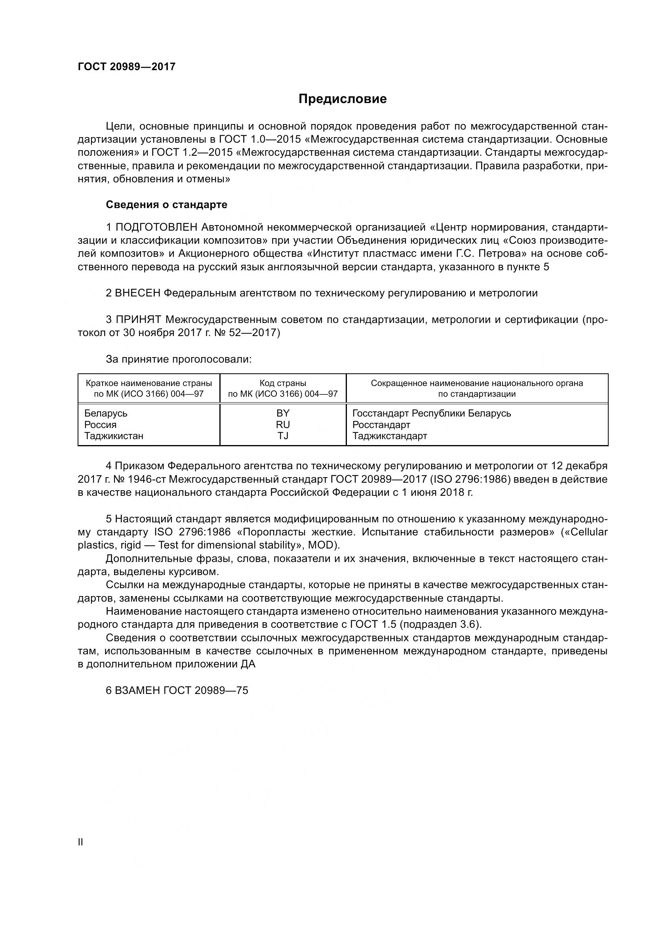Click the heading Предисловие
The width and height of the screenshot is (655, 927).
click(343, 99)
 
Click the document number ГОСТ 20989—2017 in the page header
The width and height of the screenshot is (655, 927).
click(127, 67)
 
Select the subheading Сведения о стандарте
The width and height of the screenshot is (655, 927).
click(166, 205)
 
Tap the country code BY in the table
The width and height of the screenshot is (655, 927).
click(283, 413)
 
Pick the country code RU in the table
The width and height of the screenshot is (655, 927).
click(283, 424)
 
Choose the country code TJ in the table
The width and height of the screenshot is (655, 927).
click(283, 436)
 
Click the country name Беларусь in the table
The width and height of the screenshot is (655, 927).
click(106, 413)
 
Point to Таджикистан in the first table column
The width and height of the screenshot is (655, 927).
click(114, 436)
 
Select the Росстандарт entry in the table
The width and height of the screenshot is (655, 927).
click(381, 424)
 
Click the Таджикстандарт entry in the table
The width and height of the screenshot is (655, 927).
click(390, 436)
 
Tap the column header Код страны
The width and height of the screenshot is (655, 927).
click(283, 383)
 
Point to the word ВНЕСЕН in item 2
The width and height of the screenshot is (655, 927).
click(137, 293)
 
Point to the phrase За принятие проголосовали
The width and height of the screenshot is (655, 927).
click(178, 359)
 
